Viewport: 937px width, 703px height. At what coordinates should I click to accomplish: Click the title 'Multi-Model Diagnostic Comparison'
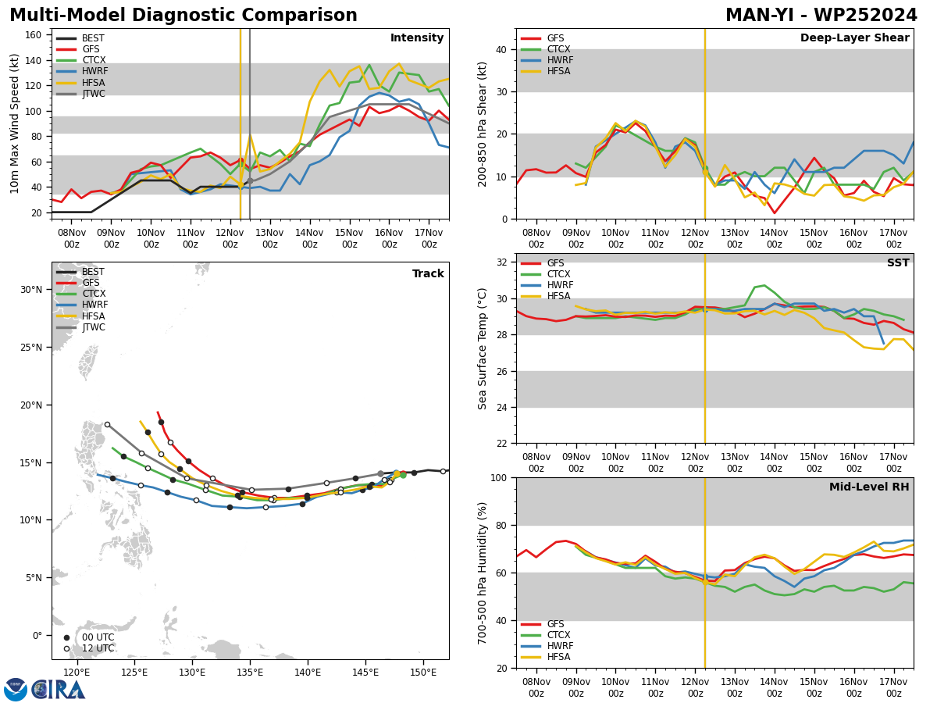pos(183,16)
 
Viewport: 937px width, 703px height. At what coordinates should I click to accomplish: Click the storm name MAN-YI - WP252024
pos(821,16)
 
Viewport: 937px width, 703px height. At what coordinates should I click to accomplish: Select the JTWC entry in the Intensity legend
pos(80,94)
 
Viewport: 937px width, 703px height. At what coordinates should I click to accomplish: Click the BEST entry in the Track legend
pos(80,272)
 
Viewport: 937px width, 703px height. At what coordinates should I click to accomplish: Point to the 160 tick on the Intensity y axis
pos(34,35)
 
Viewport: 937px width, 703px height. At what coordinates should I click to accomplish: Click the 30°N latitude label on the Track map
pos(31,290)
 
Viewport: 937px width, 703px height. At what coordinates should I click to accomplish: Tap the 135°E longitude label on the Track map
pos(250,673)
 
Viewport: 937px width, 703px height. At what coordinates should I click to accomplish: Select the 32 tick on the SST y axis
pos(502,262)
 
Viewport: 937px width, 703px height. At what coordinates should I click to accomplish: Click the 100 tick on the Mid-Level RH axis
pos(499,477)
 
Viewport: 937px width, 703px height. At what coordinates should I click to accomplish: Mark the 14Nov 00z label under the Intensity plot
pos(309,238)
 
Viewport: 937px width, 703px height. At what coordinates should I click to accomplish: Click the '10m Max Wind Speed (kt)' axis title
pos(14,123)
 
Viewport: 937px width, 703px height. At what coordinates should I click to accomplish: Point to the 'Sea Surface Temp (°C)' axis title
pos(482,348)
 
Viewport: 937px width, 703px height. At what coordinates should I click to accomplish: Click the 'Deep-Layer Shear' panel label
pos(854,37)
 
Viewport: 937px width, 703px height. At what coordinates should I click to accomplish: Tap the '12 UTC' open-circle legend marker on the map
pos(66,648)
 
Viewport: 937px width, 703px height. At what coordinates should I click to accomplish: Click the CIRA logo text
pos(59,690)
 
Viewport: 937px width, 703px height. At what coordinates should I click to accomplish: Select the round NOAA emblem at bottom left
pos(16,690)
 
